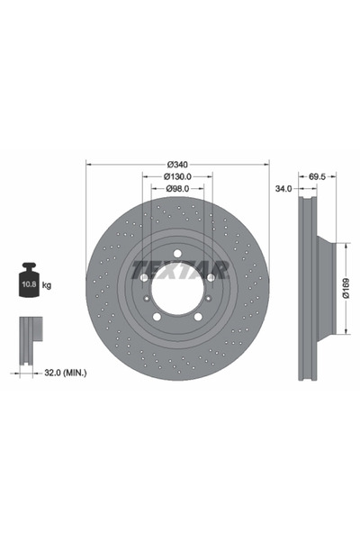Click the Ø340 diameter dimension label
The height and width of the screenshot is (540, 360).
coord(177,165)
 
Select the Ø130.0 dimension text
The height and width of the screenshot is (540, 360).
coord(177,176)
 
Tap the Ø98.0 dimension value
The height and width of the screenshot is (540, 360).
coord(177,188)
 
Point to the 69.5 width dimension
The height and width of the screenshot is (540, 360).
coord(317,176)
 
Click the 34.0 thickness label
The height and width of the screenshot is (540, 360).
coord(283,188)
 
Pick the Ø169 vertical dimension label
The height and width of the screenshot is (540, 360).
coord(346,288)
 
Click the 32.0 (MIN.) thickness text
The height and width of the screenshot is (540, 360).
coord(66,373)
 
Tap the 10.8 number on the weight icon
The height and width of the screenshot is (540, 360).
coord(29,284)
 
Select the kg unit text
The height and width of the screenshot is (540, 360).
coord(47,285)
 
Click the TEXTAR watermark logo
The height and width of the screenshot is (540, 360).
coord(180,269)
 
